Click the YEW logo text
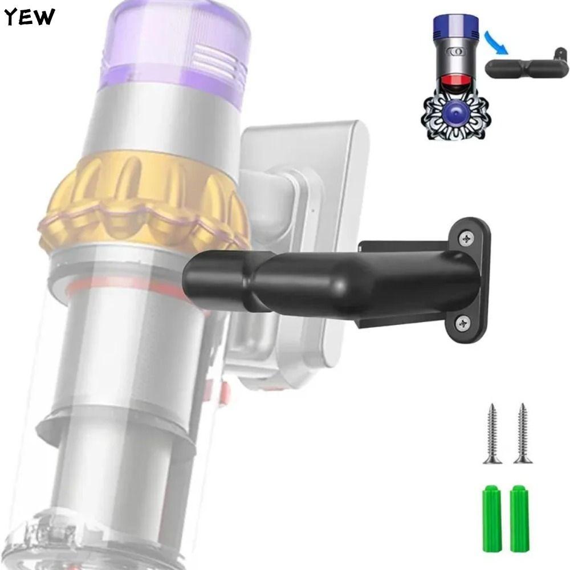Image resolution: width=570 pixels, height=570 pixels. (x=30, y=17)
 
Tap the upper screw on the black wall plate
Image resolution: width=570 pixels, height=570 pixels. (x=466, y=238)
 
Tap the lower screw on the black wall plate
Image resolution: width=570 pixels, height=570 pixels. (x=463, y=323)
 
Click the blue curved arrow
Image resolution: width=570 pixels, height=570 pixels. (x=495, y=42)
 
